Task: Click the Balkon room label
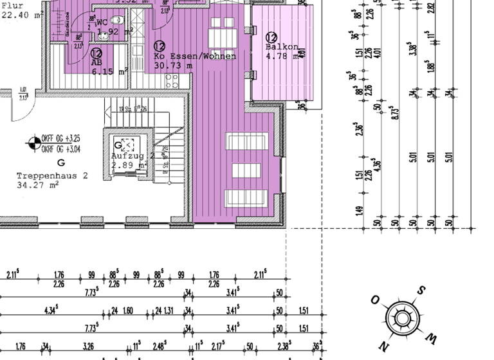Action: click(281, 47)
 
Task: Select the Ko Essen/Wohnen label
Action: click(195, 57)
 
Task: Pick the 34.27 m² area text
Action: click(39, 185)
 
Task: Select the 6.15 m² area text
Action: click(108, 72)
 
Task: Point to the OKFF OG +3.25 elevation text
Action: click(60, 138)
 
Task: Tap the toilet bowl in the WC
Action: click(113, 20)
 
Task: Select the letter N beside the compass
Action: click(384, 346)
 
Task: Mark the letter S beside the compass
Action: click(421, 290)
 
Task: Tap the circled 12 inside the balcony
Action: click(271, 38)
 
